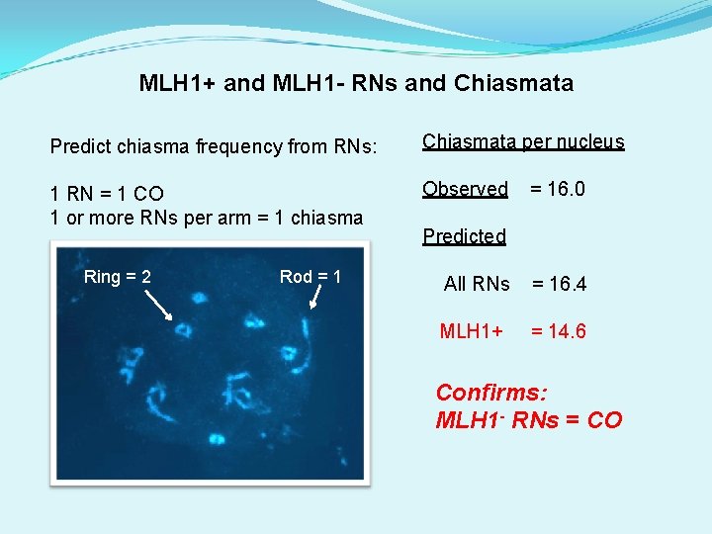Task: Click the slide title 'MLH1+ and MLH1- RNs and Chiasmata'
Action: (356, 83)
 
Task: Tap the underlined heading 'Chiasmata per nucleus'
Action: (523, 141)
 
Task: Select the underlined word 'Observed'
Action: (465, 188)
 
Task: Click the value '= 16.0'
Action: (558, 188)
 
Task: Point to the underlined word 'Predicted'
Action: (464, 236)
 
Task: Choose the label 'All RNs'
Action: (477, 284)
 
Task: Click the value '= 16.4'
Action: (560, 284)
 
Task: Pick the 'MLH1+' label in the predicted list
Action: (472, 331)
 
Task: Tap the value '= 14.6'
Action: (559, 331)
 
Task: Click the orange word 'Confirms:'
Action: (491, 393)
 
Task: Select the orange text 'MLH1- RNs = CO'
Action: (529, 420)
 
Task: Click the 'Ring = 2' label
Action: (118, 277)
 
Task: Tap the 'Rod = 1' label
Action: (311, 277)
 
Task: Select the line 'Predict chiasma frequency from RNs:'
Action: (214, 146)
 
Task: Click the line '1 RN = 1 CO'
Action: (107, 193)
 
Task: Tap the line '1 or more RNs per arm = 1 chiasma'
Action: (207, 217)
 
